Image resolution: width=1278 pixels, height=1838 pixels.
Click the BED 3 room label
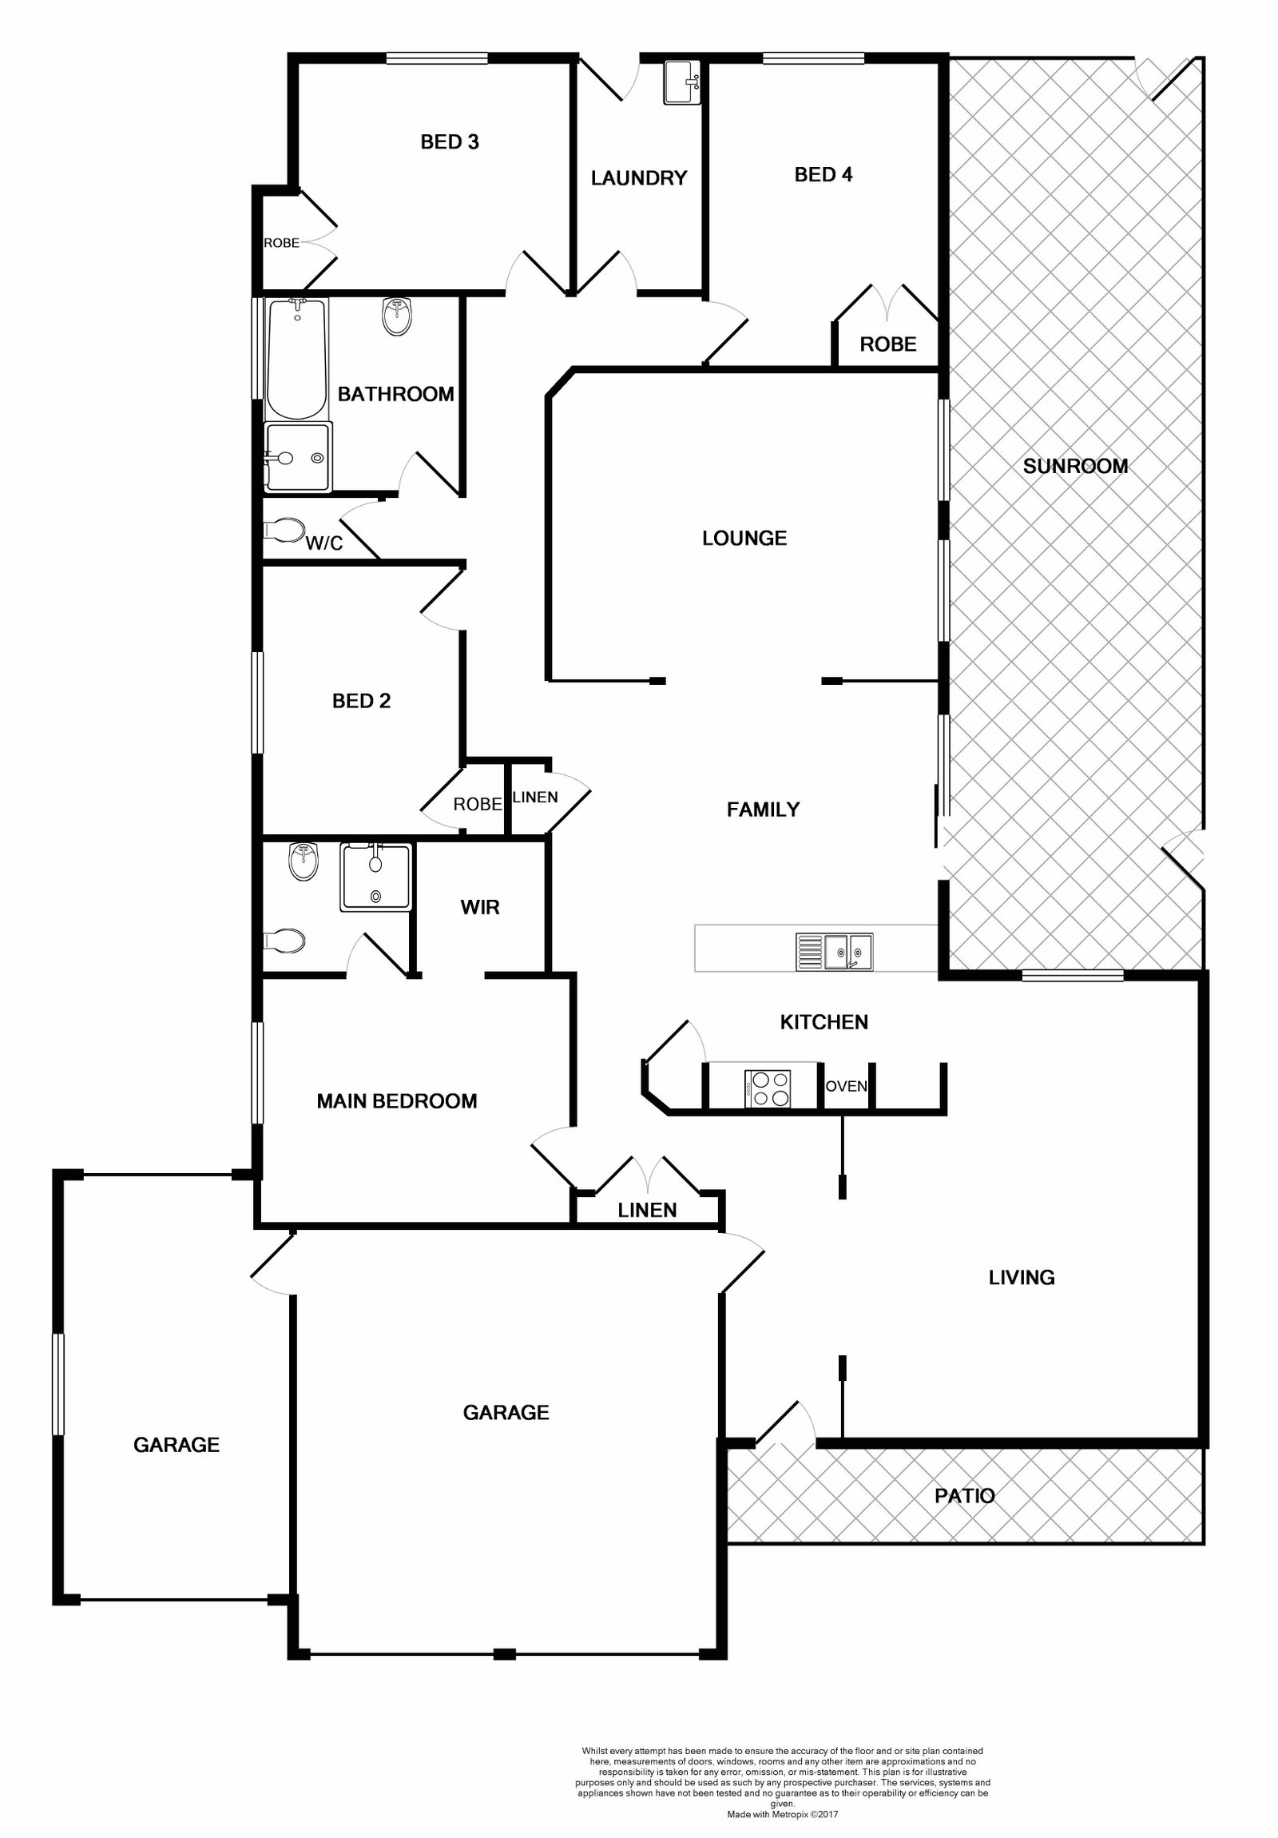pyautogui.click(x=449, y=141)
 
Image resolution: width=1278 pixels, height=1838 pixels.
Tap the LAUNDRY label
pyautogui.click(x=638, y=177)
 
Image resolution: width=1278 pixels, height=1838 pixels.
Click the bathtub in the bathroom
pyautogui.click(x=296, y=359)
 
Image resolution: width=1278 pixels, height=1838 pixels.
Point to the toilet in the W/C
pyautogui.click(x=284, y=529)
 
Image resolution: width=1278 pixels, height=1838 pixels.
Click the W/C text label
pyautogui.click(x=324, y=543)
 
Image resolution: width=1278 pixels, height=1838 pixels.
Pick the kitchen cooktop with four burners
pyautogui.click(x=768, y=1088)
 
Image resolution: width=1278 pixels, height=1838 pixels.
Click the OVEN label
pyautogui.click(x=846, y=1086)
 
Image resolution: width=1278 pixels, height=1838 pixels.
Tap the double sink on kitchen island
pyautogui.click(x=834, y=951)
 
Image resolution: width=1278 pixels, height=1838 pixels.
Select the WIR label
pyautogui.click(x=479, y=907)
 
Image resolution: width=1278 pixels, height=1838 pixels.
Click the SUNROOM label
pyautogui.click(x=1075, y=466)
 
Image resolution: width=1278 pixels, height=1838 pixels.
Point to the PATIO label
pyautogui.click(x=964, y=1495)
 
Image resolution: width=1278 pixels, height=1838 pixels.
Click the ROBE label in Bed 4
pyautogui.click(x=887, y=344)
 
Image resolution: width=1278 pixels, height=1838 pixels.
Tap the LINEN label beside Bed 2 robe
pyautogui.click(x=534, y=798)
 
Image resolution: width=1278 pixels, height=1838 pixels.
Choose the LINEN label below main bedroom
pyautogui.click(x=647, y=1211)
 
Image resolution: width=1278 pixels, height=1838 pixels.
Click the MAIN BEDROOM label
pyautogui.click(x=396, y=1101)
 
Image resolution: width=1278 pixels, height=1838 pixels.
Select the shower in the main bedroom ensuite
pyautogui.click(x=376, y=877)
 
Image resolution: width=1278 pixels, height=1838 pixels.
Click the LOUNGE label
pyautogui.click(x=744, y=538)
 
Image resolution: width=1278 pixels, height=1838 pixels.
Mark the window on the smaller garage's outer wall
pyautogui.click(x=58, y=1383)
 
